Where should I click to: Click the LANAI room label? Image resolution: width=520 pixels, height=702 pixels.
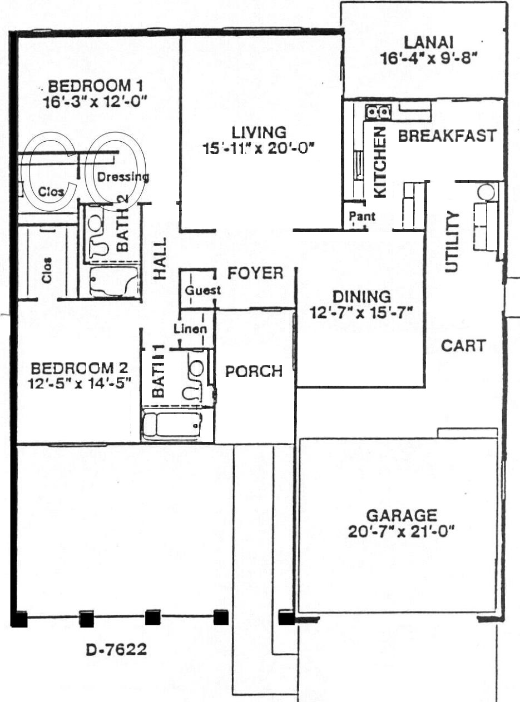429,42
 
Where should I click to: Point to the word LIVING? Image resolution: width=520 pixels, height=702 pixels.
259,133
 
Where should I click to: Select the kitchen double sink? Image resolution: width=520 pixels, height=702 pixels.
378,111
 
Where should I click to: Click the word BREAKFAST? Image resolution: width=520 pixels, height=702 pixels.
447,136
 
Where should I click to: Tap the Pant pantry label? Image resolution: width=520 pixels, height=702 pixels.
362,216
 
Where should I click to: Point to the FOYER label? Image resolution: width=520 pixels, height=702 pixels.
255,273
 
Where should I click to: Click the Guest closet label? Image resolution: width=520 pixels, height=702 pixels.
202,290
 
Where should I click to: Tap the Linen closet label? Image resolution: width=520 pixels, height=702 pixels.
190,329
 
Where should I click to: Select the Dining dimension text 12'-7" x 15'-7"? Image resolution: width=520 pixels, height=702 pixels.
361,313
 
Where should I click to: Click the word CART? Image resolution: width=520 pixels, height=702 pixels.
463,346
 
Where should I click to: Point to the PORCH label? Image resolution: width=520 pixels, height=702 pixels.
254,371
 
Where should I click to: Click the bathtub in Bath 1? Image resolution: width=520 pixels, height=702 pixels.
172,425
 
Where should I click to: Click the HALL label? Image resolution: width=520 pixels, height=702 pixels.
160,258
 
